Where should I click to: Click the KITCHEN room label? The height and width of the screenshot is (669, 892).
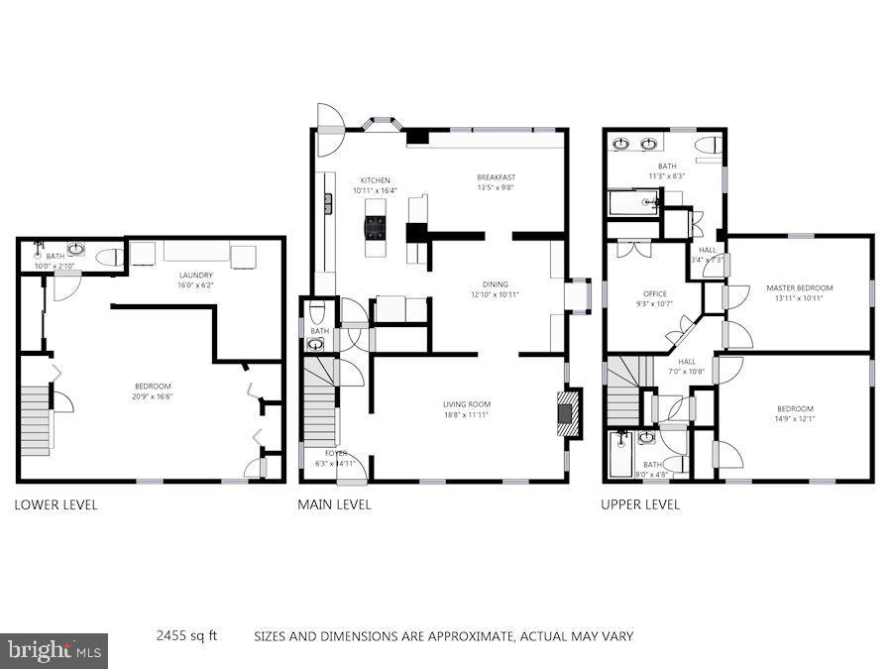[x=375, y=180]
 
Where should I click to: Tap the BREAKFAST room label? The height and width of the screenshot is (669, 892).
[x=495, y=177]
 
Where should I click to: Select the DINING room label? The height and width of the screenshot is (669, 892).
[x=495, y=284]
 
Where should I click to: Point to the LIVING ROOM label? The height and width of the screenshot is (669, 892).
[x=466, y=404]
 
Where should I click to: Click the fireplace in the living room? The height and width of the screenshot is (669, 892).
[x=566, y=409]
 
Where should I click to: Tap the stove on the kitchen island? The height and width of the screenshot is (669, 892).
[x=376, y=229]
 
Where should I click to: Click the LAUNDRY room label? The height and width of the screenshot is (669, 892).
[x=195, y=275]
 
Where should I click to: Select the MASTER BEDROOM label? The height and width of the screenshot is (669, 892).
[x=799, y=288]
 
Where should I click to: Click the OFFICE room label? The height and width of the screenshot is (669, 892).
[x=655, y=294]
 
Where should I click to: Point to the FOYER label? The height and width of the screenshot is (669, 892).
[x=336, y=453]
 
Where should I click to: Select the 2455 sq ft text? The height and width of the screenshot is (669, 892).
[x=186, y=635]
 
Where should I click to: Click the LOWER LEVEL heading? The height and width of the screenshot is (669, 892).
[x=56, y=504]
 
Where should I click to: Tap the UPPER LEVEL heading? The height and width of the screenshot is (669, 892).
[x=640, y=504]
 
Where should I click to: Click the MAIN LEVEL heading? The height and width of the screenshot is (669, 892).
[x=335, y=504]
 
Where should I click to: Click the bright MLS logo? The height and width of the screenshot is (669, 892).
[x=55, y=651]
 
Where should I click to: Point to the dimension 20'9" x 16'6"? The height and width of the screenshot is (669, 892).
[x=154, y=396]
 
